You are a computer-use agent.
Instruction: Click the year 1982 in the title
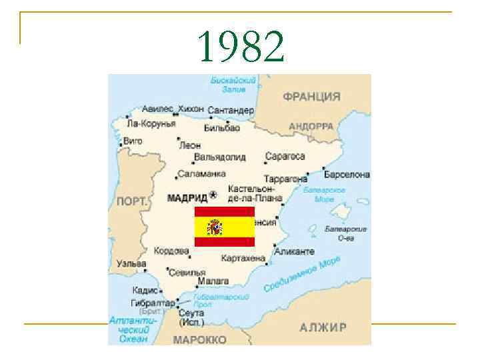241,47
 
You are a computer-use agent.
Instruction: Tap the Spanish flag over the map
224,227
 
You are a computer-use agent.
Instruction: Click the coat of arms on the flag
215,227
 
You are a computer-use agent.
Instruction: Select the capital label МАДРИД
187,197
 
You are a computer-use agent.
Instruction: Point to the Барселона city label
347,175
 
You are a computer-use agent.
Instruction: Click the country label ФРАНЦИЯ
311,97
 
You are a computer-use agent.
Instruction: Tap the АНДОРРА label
311,126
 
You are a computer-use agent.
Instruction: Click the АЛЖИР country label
323,327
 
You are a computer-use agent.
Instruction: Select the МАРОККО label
199,339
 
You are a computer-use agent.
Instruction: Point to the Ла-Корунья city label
151,123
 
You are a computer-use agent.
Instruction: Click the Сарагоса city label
285,157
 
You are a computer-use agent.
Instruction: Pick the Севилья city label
187,272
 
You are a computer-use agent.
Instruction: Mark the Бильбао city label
222,127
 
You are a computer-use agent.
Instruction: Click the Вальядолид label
219,157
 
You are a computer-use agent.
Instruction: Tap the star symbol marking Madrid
213,195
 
